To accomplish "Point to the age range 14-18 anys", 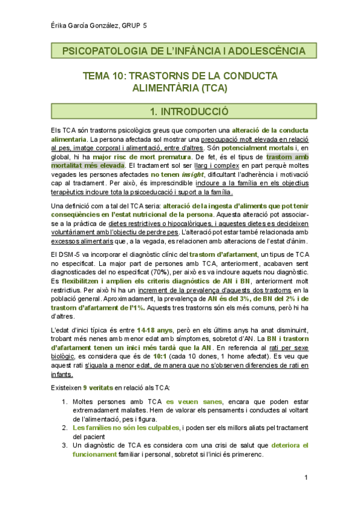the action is [x=155, y=330].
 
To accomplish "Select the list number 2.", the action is [x=64, y=428].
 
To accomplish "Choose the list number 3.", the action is [x=64, y=446].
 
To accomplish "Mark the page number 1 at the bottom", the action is [x=306, y=478].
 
